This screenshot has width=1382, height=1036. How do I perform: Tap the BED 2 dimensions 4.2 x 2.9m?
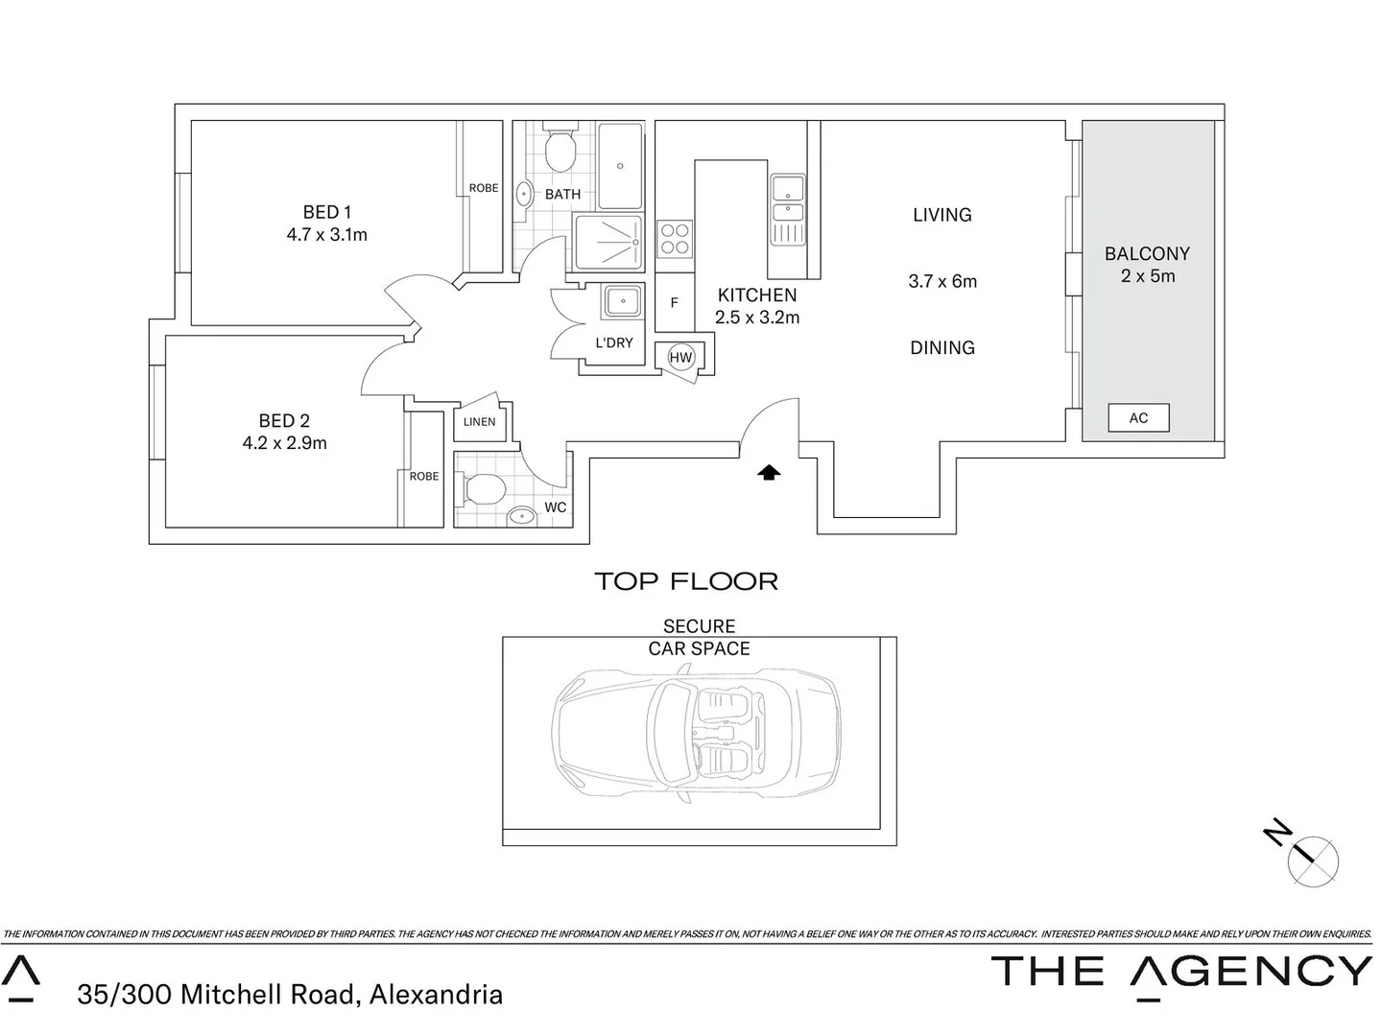pyautogui.click(x=284, y=443)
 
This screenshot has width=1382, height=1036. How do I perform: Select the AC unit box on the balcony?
pyautogui.click(x=1138, y=418)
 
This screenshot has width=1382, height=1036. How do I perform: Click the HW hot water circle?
pyautogui.click(x=680, y=358)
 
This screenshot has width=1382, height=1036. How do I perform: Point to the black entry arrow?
pyautogui.click(x=769, y=472)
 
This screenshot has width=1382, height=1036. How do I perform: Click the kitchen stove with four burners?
pyautogui.click(x=675, y=239)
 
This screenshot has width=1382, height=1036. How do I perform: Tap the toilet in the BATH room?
pyautogui.click(x=559, y=151)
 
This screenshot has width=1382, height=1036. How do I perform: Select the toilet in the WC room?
pyautogui.click(x=485, y=490)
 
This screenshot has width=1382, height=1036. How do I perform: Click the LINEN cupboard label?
pyautogui.click(x=480, y=422)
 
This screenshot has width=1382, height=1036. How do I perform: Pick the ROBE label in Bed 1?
pyautogui.click(x=484, y=188)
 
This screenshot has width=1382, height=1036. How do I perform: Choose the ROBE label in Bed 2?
pyautogui.click(x=424, y=477)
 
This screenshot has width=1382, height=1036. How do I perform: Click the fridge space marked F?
pyautogui.click(x=675, y=303)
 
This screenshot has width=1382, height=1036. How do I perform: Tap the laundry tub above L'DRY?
pyautogui.click(x=622, y=302)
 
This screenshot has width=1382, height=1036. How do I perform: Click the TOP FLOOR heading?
pyautogui.click(x=686, y=581)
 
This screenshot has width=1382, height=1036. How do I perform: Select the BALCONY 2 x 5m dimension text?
pyautogui.click(x=1148, y=276)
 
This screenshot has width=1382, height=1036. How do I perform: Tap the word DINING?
pyautogui.click(x=942, y=348)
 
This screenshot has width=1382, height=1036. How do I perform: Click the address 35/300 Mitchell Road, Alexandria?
pyautogui.click(x=290, y=995)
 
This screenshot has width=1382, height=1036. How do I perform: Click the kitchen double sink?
pyautogui.click(x=788, y=199)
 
